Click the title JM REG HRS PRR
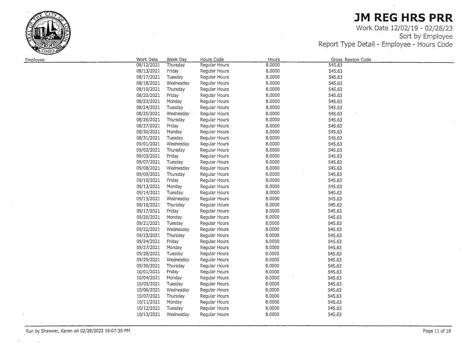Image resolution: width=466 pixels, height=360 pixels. [x=403, y=18]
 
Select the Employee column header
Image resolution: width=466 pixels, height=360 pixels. [x=35, y=60]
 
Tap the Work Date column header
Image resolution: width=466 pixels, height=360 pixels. [x=147, y=60]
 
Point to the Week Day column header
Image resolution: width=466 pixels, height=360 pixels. [x=177, y=60]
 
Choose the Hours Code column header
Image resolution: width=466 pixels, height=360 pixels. [x=212, y=60]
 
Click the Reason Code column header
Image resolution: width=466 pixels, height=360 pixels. [x=358, y=60]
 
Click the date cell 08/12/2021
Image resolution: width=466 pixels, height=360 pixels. [x=148, y=65]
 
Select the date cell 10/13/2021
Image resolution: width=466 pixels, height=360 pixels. [x=148, y=314]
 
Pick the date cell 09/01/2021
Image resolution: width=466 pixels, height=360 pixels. [x=148, y=144]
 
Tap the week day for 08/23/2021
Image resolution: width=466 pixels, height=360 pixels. [x=174, y=101]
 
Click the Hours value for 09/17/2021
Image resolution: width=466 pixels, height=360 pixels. [x=272, y=211]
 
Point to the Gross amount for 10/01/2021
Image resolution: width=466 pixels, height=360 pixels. [x=335, y=272]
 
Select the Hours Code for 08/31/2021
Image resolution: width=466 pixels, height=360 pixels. [x=214, y=138]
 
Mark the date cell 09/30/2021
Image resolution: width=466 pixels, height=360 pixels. [x=148, y=266]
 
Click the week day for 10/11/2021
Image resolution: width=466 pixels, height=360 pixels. [x=174, y=302]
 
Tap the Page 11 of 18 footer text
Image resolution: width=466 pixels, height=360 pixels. [x=437, y=331]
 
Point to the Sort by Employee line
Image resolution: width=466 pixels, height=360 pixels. [x=425, y=36]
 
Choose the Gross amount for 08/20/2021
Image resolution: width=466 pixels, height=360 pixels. [x=335, y=96]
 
